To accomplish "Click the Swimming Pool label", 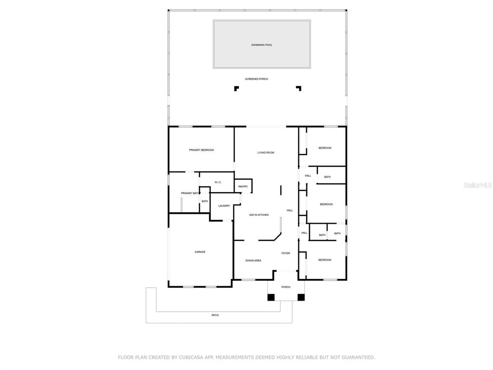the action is pyautogui.click(x=261, y=45).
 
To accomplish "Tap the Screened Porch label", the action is pyautogui.click(x=257, y=79).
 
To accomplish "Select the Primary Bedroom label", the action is pyautogui.click(x=201, y=150).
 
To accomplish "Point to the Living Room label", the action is pyautogui.click(x=266, y=153).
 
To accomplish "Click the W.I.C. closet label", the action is pyautogui.click(x=218, y=182).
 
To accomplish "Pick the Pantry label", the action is pyautogui.click(x=243, y=186).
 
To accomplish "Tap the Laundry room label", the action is pyautogui.click(x=224, y=206).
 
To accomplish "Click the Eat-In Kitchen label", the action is pyautogui.click(x=259, y=215).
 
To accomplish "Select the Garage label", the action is pyautogui.click(x=200, y=252).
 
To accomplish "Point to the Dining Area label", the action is pyautogui.click(x=253, y=261).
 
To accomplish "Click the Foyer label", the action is pyautogui.click(x=285, y=253).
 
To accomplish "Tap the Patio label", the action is pyautogui.click(x=215, y=315).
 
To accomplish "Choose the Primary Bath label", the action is pyautogui.click(x=191, y=193).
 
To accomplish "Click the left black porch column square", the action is pyautogui.click(x=271, y=297).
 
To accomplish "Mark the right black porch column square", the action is pyautogui.click(x=301, y=297).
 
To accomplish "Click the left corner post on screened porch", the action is pyautogui.click(x=236, y=88).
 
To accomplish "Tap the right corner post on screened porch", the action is pyautogui.click(x=298, y=88).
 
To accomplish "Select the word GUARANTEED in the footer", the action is pyautogui.click(x=357, y=357).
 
